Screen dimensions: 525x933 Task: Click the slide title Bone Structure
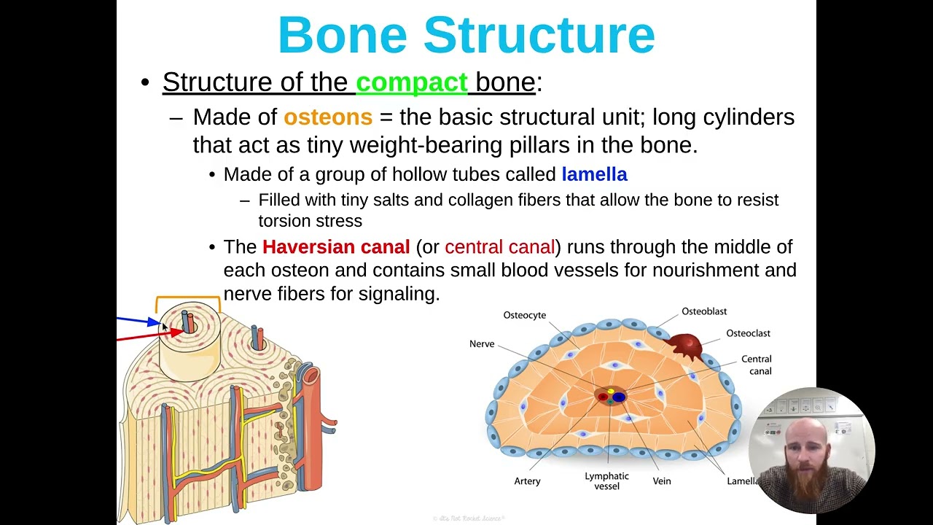click(x=466, y=35)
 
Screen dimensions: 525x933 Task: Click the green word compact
click(x=411, y=82)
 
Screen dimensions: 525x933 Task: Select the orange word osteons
click(x=327, y=117)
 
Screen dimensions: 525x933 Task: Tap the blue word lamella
click(x=594, y=174)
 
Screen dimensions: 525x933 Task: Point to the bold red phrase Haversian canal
click(x=336, y=247)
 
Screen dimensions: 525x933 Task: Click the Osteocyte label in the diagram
click(x=524, y=315)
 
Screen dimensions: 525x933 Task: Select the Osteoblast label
click(x=703, y=311)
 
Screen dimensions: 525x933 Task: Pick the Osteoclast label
click(x=748, y=333)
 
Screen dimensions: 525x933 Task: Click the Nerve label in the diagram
click(x=482, y=343)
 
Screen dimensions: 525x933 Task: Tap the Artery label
click(x=527, y=481)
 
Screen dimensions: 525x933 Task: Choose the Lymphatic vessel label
click(x=606, y=481)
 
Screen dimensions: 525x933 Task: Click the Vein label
click(x=662, y=481)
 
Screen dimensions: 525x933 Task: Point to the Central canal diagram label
click(x=756, y=365)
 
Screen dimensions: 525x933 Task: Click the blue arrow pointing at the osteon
click(x=138, y=320)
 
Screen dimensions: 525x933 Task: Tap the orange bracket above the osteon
click(x=188, y=298)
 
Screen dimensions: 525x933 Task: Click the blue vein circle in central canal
click(x=619, y=397)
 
